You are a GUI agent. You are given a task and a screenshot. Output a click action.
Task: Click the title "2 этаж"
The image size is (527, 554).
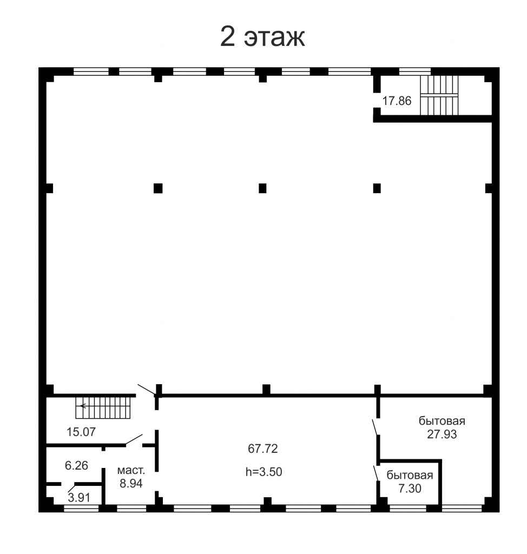click(262, 36)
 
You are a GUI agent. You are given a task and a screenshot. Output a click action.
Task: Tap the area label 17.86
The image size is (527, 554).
click(397, 101)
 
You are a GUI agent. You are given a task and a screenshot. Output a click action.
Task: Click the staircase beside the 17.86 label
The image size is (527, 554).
click(439, 95)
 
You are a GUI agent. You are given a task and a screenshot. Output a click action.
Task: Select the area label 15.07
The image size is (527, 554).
click(81, 432)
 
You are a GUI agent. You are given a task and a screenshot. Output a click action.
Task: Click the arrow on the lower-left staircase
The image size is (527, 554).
click(84, 406)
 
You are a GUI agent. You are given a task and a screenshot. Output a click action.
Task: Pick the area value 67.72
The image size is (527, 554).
click(263, 449)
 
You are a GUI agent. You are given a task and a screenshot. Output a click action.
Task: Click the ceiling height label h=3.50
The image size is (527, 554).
click(263, 472)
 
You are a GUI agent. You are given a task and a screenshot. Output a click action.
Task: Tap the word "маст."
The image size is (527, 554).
click(131, 471)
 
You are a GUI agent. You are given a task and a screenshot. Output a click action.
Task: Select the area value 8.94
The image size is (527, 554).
click(131, 483)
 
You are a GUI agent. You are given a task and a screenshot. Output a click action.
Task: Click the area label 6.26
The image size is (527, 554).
click(76, 465)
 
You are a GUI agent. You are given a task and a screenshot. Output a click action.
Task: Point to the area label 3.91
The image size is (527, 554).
click(79, 498)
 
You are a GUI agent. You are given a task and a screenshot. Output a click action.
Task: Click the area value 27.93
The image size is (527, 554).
click(442, 434)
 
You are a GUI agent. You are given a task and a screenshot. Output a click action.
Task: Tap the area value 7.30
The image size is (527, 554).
click(410, 489)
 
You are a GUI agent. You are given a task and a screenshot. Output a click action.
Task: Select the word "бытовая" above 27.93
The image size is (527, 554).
click(442, 421)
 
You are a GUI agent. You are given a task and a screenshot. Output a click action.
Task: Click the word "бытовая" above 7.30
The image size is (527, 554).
click(410, 475)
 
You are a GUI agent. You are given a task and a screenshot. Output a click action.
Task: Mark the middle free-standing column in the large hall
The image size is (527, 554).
click(262, 188)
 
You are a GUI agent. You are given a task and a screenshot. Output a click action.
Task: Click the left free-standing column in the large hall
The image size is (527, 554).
click(158, 188)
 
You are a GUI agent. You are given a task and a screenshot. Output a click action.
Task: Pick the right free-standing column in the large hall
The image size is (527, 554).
click(377, 188)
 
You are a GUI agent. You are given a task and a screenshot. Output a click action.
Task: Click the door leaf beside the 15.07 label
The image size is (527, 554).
click(134, 439)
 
